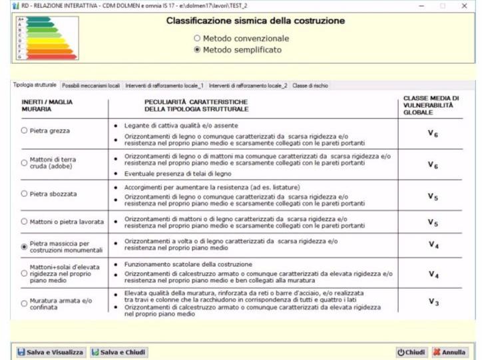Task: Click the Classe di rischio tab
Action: [310, 85]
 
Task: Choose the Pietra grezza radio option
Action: [25, 132]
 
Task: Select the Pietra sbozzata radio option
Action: [25, 194]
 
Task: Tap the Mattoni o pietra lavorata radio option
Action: [25, 222]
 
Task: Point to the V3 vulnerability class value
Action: [433, 301]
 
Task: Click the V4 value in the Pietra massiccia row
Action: [433, 245]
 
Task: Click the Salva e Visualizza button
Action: [51, 351]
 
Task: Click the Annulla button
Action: [450, 351]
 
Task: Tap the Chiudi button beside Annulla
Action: [411, 351]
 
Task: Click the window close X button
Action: [464, 5]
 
